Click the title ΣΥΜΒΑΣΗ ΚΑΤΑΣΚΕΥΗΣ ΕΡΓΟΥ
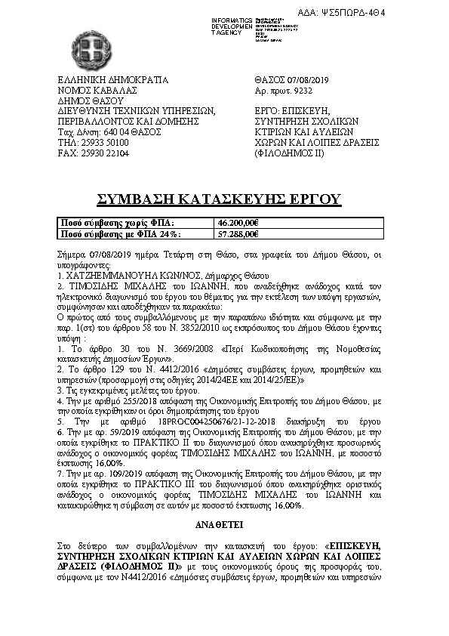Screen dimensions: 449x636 point(218,199)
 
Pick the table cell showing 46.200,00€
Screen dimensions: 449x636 point(238,224)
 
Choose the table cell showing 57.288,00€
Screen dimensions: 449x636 point(238,233)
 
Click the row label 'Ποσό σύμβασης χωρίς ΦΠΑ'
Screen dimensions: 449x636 point(116,224)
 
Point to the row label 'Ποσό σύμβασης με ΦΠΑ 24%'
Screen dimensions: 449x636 point(121,233)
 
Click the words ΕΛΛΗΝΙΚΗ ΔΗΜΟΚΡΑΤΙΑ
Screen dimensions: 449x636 point(112,80)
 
